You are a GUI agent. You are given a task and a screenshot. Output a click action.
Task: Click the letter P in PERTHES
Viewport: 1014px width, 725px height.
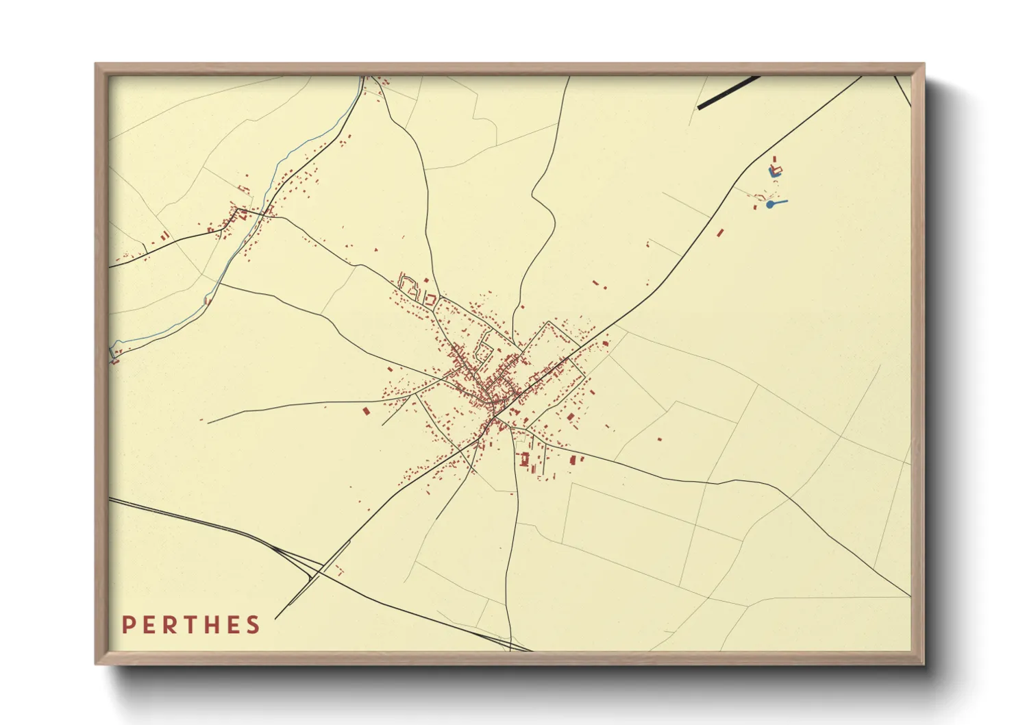click(127, 625)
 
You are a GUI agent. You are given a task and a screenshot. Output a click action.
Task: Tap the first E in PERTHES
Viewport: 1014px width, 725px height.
click(150, 625)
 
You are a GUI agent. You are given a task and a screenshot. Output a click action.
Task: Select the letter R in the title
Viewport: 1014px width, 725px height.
click(171, 625)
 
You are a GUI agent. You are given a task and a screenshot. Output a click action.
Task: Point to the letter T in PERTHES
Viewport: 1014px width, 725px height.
click(193, 625)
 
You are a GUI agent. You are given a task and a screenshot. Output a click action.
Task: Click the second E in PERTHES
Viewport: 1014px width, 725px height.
click(234, 625)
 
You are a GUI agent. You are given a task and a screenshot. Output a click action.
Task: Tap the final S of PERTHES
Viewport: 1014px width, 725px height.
click(254, 625)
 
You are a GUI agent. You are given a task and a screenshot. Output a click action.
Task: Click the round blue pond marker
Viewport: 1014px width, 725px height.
click(770, 204)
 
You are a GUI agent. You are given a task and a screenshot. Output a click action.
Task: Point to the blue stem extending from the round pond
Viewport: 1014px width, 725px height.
click(780, 202)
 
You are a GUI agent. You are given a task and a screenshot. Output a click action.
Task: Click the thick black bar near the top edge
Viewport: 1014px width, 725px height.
click(728, 93)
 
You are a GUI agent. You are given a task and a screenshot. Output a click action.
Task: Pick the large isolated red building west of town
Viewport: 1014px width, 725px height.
click(366, 410)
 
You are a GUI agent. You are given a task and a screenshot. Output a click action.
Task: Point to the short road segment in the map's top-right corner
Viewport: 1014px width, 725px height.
click(903, 90)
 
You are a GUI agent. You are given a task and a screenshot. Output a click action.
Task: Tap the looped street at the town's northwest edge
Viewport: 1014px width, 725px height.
click(410, 284)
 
